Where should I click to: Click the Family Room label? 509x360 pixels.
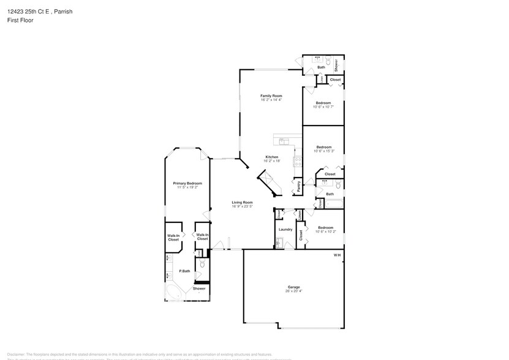point(271,96)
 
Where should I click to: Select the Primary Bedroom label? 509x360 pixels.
point(187,184)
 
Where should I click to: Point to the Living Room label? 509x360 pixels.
point(242,202)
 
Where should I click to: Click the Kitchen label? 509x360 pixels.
point(272,157)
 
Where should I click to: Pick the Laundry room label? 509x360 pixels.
point(285,230)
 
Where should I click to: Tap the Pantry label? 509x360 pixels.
point(298,186)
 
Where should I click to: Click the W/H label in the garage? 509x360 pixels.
point(337,255)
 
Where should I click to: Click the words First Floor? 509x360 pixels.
point(21,20)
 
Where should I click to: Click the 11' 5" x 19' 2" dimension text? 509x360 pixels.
point(187,188)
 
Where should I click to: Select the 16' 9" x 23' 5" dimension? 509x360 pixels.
point(242,206)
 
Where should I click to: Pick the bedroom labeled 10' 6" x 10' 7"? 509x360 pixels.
point(323,107)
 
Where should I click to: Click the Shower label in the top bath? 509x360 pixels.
point(336,64)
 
